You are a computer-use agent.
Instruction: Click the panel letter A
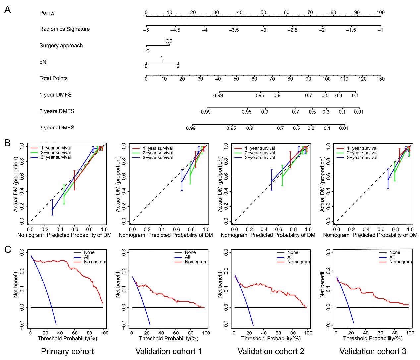pyautogui.click(x=7, y=9)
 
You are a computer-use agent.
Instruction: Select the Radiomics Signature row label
pyautogui.click(x=64, y=29)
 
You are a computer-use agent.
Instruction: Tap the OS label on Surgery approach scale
pyautogui.click(x=169, y=41)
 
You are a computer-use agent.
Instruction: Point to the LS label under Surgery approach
pyautogui.click(x=146, y=50)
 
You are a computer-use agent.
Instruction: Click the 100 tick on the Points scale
pyautogui.click(x=380, y=13)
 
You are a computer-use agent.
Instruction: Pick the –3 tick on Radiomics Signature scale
pyautogui.click(x=263, y=30)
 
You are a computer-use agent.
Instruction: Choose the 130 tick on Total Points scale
pyautogui.click(x=380, y=79)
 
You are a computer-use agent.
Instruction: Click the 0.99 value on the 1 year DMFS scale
pyautogui.click(x=218, y=96)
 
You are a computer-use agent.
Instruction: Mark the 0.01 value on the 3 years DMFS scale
pyautogui.click(x=344, y=128)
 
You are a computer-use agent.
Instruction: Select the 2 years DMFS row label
pyautogui.click(x=57, y=111)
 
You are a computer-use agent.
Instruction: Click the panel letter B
pyautogui.click(x=7, y=143)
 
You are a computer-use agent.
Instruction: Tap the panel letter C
pyautogui.click(x=7, y=249)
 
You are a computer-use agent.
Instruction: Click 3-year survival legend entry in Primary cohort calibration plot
pyautogui.click(x=56, y=157)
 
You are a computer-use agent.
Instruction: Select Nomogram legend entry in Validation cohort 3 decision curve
pyautogui.click(x=400, y=262)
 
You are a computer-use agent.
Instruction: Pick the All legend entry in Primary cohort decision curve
pyautogui.click(x=87, y=257)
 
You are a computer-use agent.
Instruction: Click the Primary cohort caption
pyautogui.click(x=67, y=351)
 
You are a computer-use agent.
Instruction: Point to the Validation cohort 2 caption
pyautogui.click(x=271, y=351)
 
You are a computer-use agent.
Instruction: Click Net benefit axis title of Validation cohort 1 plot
pyautogui.click(x=118, y=284)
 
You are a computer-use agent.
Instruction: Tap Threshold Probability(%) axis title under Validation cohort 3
pyautogui.click(x=373, y=338)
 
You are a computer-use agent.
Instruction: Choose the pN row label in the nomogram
pyautogui.click(x=43, y=62)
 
